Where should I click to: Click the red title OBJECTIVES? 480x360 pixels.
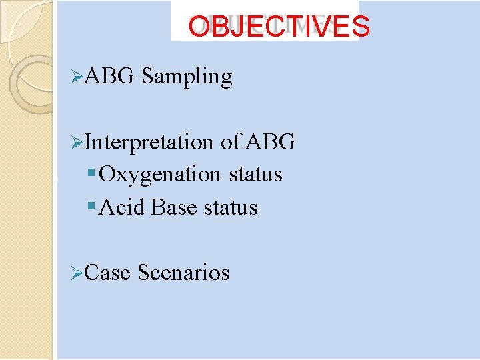coord(278,26)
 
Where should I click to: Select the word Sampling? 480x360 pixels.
coord(187,77)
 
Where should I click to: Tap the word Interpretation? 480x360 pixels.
coord(151,142)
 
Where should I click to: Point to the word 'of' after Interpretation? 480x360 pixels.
coord(231,142)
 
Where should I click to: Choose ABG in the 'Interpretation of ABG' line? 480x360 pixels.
coord(271,142)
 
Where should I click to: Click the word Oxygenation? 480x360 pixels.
coord(160,175)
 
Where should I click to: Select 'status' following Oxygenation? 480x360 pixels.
coord(255,175)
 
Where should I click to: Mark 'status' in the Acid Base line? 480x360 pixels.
coord(231,207)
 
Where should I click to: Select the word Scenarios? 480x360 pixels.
coord(183,273)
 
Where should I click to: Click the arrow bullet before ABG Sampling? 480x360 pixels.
coord(77,77)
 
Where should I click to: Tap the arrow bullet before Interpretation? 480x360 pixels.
coord(77,143)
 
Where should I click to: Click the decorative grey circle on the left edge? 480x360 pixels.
coord(33,83)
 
